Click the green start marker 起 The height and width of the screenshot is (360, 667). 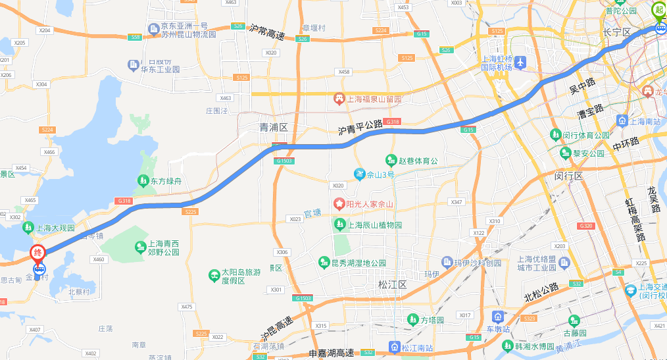pos(658,11)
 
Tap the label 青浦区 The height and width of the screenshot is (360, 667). pos(274,127)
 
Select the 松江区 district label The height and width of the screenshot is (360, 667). pos(393,285)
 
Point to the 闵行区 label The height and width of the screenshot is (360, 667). pos(569,176)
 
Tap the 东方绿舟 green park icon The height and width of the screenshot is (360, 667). pos(143,180)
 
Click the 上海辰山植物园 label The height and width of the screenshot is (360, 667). pos(375,225)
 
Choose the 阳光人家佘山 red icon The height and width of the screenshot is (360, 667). pos(339,204)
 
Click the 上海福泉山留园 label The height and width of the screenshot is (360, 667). pos(374,99)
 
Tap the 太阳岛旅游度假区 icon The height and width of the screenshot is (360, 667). pos(213,275)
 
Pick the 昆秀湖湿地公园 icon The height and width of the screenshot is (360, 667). pos(324,263)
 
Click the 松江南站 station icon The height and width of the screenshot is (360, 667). pos(394,347)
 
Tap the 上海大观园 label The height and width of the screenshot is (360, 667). pos(55,228)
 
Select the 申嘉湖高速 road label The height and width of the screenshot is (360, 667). pos(332,353)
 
